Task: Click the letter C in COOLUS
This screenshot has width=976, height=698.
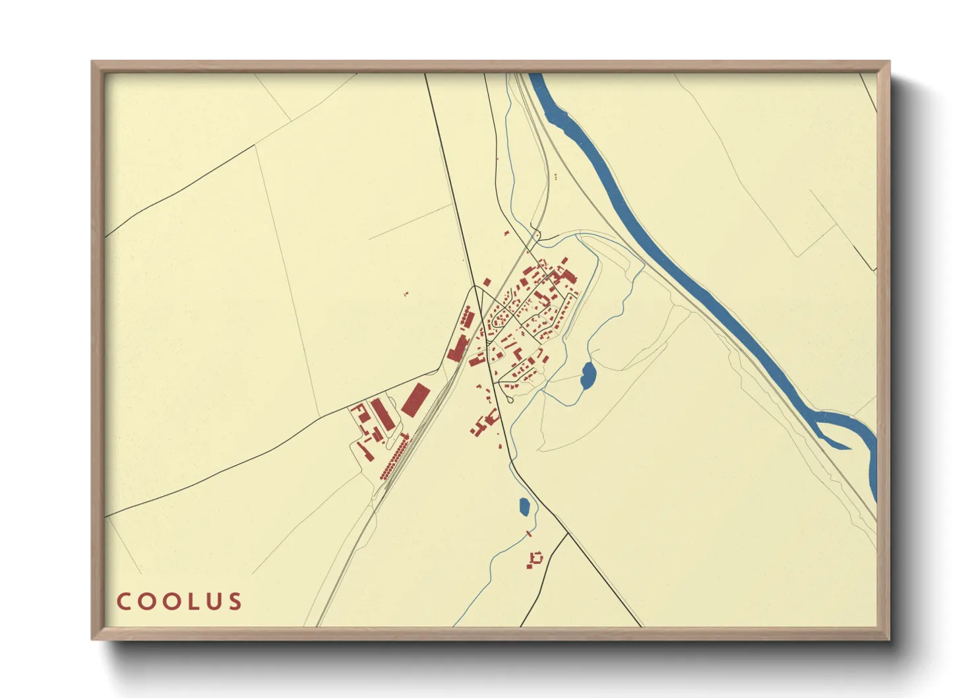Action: pos(124,601)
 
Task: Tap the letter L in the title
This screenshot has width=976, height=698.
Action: pos(191,601)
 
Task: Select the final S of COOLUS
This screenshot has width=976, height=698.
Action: pos(235,601)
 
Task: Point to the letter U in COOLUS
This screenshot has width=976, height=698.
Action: pos(213,601)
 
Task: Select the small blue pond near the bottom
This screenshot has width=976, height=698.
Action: pos(524,507)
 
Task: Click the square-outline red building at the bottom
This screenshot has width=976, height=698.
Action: pos(537,557)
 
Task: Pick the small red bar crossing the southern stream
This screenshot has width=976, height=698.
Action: pos(528,533)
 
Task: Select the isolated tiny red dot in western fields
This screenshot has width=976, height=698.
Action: pos(406,294)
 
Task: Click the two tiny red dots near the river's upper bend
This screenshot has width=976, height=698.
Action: pos(556,176)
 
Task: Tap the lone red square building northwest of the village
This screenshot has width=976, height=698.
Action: pos(487,282)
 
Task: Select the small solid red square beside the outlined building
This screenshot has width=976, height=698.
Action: pos(529,565)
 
